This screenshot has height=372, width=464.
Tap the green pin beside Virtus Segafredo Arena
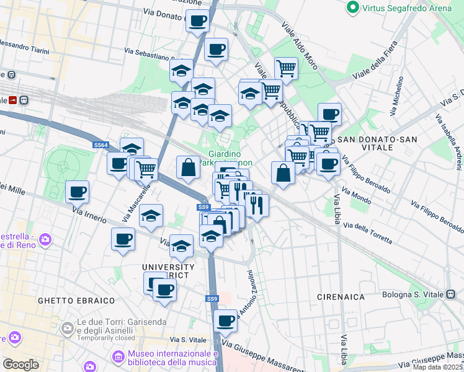click(354, 7)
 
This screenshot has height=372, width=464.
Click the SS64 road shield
click(101, 145)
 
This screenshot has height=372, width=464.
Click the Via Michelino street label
click(397, 98)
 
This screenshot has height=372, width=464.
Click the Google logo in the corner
click(20, 364)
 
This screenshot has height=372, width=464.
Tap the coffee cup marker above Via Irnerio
click(77, 192)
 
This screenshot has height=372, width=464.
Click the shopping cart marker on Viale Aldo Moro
click(285, 68)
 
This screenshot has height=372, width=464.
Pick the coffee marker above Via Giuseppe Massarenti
click(225, 321)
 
